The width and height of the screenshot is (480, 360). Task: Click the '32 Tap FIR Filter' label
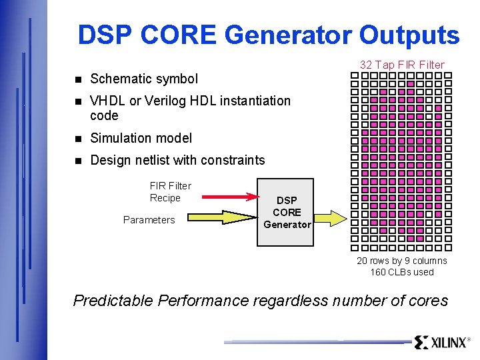[402, 65]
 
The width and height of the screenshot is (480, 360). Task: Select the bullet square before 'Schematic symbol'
[77, 79]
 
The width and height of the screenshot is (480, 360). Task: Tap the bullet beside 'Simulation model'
[77, 139]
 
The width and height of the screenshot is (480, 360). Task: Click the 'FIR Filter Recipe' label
[170, 192]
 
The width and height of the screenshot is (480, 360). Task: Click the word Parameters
[149, 220]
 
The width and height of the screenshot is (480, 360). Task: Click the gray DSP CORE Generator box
[285, 212]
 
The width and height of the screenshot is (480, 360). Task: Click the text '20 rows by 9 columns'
[402, 261]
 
